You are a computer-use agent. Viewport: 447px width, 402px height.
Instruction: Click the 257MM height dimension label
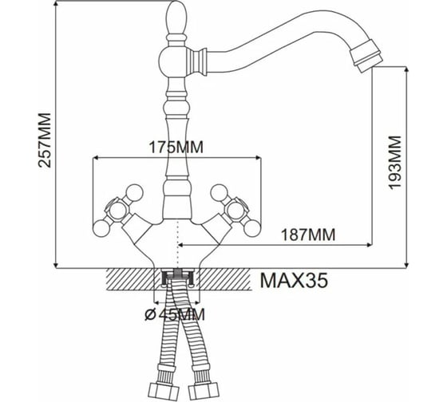[45, 140]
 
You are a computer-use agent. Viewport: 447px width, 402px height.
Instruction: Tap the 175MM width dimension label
[176, 148]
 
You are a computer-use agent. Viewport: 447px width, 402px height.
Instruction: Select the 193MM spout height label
[395, 162]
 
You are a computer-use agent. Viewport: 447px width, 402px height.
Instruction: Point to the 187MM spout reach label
[308, 235]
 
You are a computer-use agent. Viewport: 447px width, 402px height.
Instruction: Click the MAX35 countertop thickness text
[294, 280]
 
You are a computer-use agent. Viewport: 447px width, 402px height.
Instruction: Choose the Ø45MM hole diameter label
[175, 314]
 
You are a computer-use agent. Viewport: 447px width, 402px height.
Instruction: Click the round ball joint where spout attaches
[172, 61]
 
